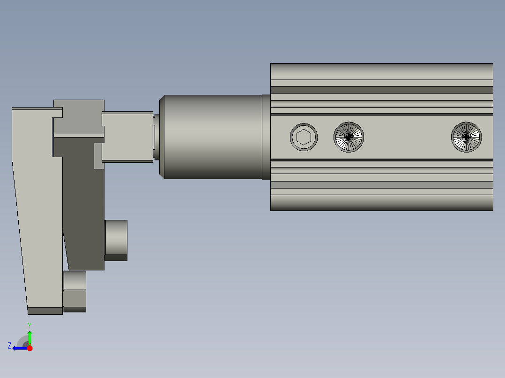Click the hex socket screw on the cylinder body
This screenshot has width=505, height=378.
tap(304, 137)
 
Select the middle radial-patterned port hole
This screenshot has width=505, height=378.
tap(349, 137)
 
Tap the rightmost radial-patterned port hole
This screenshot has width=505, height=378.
tap(466, 137)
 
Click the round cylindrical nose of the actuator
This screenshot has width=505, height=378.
tap(211, 137)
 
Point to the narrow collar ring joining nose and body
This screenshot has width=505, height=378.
tap(266, 137)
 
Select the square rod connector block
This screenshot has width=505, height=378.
tap(127, 137)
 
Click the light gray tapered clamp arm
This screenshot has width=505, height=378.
tap(37, 211)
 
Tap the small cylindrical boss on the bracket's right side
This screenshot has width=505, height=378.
tap(116, 237)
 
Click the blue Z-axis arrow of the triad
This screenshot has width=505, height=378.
tap(20, 348)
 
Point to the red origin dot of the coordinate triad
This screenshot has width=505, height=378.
tap(30, 348)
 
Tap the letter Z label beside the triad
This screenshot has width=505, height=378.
tap(9, 345)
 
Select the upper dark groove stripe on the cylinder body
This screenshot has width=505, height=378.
tap(381, 90)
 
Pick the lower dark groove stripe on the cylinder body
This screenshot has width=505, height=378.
tap(381, 185)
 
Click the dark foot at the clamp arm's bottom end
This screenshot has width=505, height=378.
tap(45, 311)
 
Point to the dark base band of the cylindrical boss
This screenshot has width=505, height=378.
tap(116, 257)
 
